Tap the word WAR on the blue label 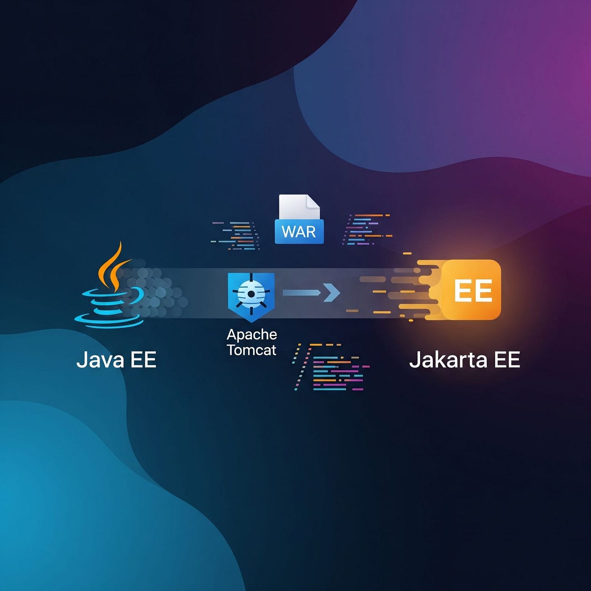pos(299,232)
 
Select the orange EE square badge pos(471,290)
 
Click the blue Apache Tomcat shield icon pos(251,295)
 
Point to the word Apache pos(252,335)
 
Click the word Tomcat pos(252,350)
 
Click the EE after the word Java pos(144,360)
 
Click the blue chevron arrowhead pos(333,293)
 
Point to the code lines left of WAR pos(236,236)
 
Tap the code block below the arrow pos(333,367)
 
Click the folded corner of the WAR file pos(313,201)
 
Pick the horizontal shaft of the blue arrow pos(301,293)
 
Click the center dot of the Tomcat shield pos(251,294)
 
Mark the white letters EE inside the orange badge pos(473,290)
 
